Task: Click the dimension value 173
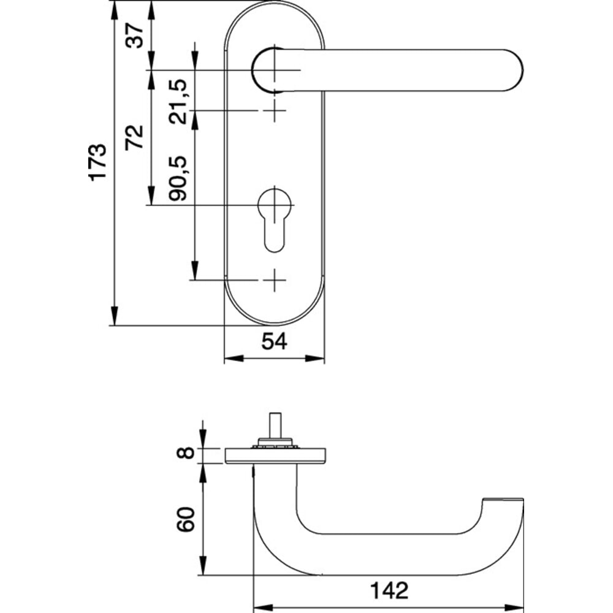tap(97, 162)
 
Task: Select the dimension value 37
tap(136, 35)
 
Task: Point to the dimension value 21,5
tap(178, 101)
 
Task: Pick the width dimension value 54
tap(274, 342)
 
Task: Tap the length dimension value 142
tap(388, 590)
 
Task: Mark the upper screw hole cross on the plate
tap(274, 111)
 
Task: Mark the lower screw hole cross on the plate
tap(274, 281)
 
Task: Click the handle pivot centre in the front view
tap(274, 70)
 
